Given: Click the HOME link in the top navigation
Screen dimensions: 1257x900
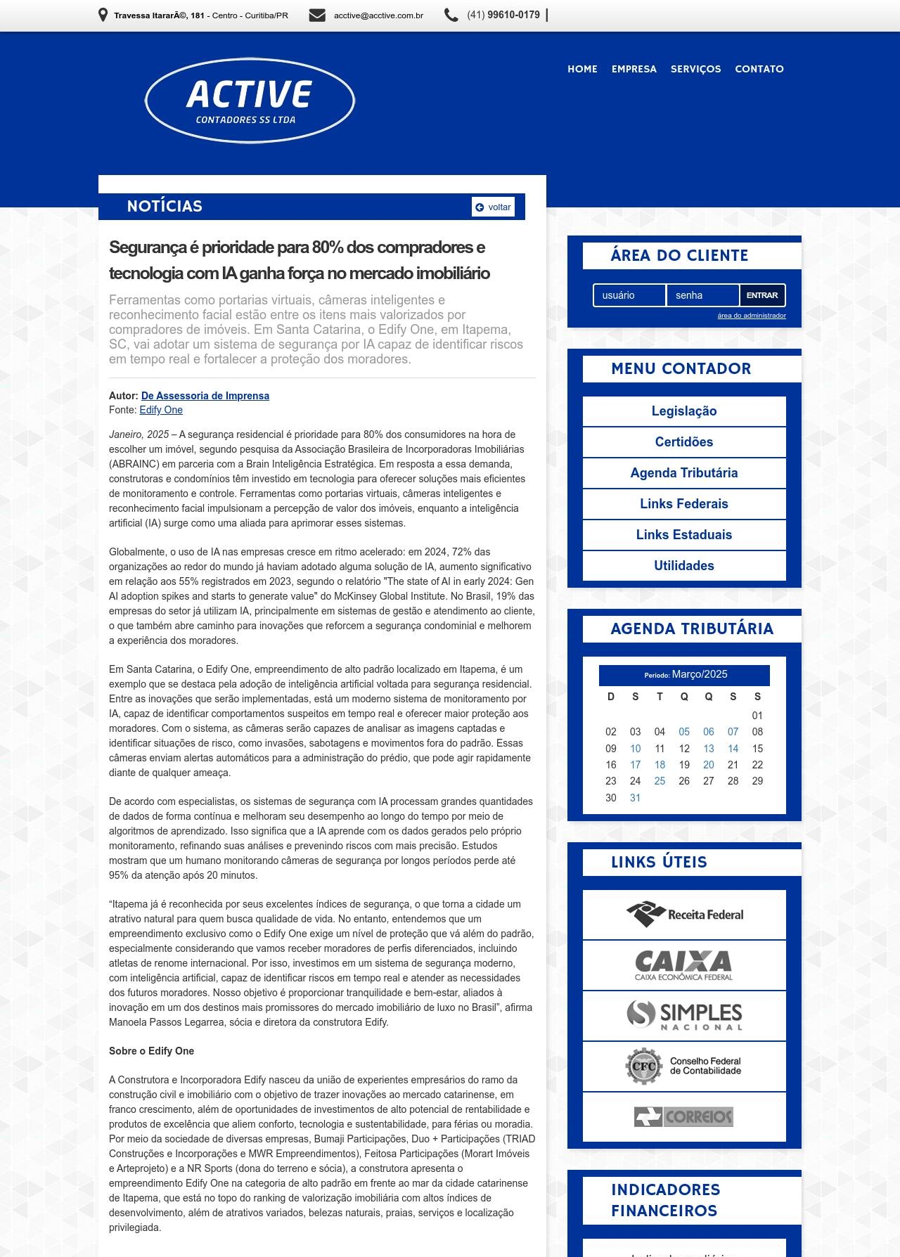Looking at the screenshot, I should (582, 69).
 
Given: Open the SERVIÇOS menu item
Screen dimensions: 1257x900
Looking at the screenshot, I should (695, 69).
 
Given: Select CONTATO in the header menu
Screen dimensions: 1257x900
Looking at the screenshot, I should (759, 69).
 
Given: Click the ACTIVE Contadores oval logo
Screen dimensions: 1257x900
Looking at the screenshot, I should (250, 101).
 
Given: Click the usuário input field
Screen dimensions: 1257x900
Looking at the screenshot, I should (629, 295).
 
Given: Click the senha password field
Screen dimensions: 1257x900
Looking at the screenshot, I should (702, 295).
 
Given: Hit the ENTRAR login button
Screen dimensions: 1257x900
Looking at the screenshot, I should (762, 295).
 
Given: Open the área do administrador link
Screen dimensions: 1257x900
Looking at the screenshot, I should (751, 316).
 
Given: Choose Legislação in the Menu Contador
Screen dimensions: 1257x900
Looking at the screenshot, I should (684, 411).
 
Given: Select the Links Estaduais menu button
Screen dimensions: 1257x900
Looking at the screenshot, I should (684, 535).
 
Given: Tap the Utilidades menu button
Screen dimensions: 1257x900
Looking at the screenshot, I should (684, 566).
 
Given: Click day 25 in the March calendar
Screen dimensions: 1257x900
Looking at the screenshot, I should (660, 781).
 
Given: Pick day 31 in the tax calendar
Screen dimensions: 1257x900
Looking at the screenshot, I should (635, 798).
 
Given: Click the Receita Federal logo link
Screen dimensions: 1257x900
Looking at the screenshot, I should (684, 915).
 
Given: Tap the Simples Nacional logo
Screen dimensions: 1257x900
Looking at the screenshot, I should (684, 1015).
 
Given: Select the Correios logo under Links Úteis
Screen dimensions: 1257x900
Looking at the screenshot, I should (684, 1116).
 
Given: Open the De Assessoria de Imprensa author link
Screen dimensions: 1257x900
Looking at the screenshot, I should (205, 396).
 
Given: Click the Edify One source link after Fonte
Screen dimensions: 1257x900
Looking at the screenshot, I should (161, 410).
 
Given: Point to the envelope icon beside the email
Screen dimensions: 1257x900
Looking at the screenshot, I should (317, 15).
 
